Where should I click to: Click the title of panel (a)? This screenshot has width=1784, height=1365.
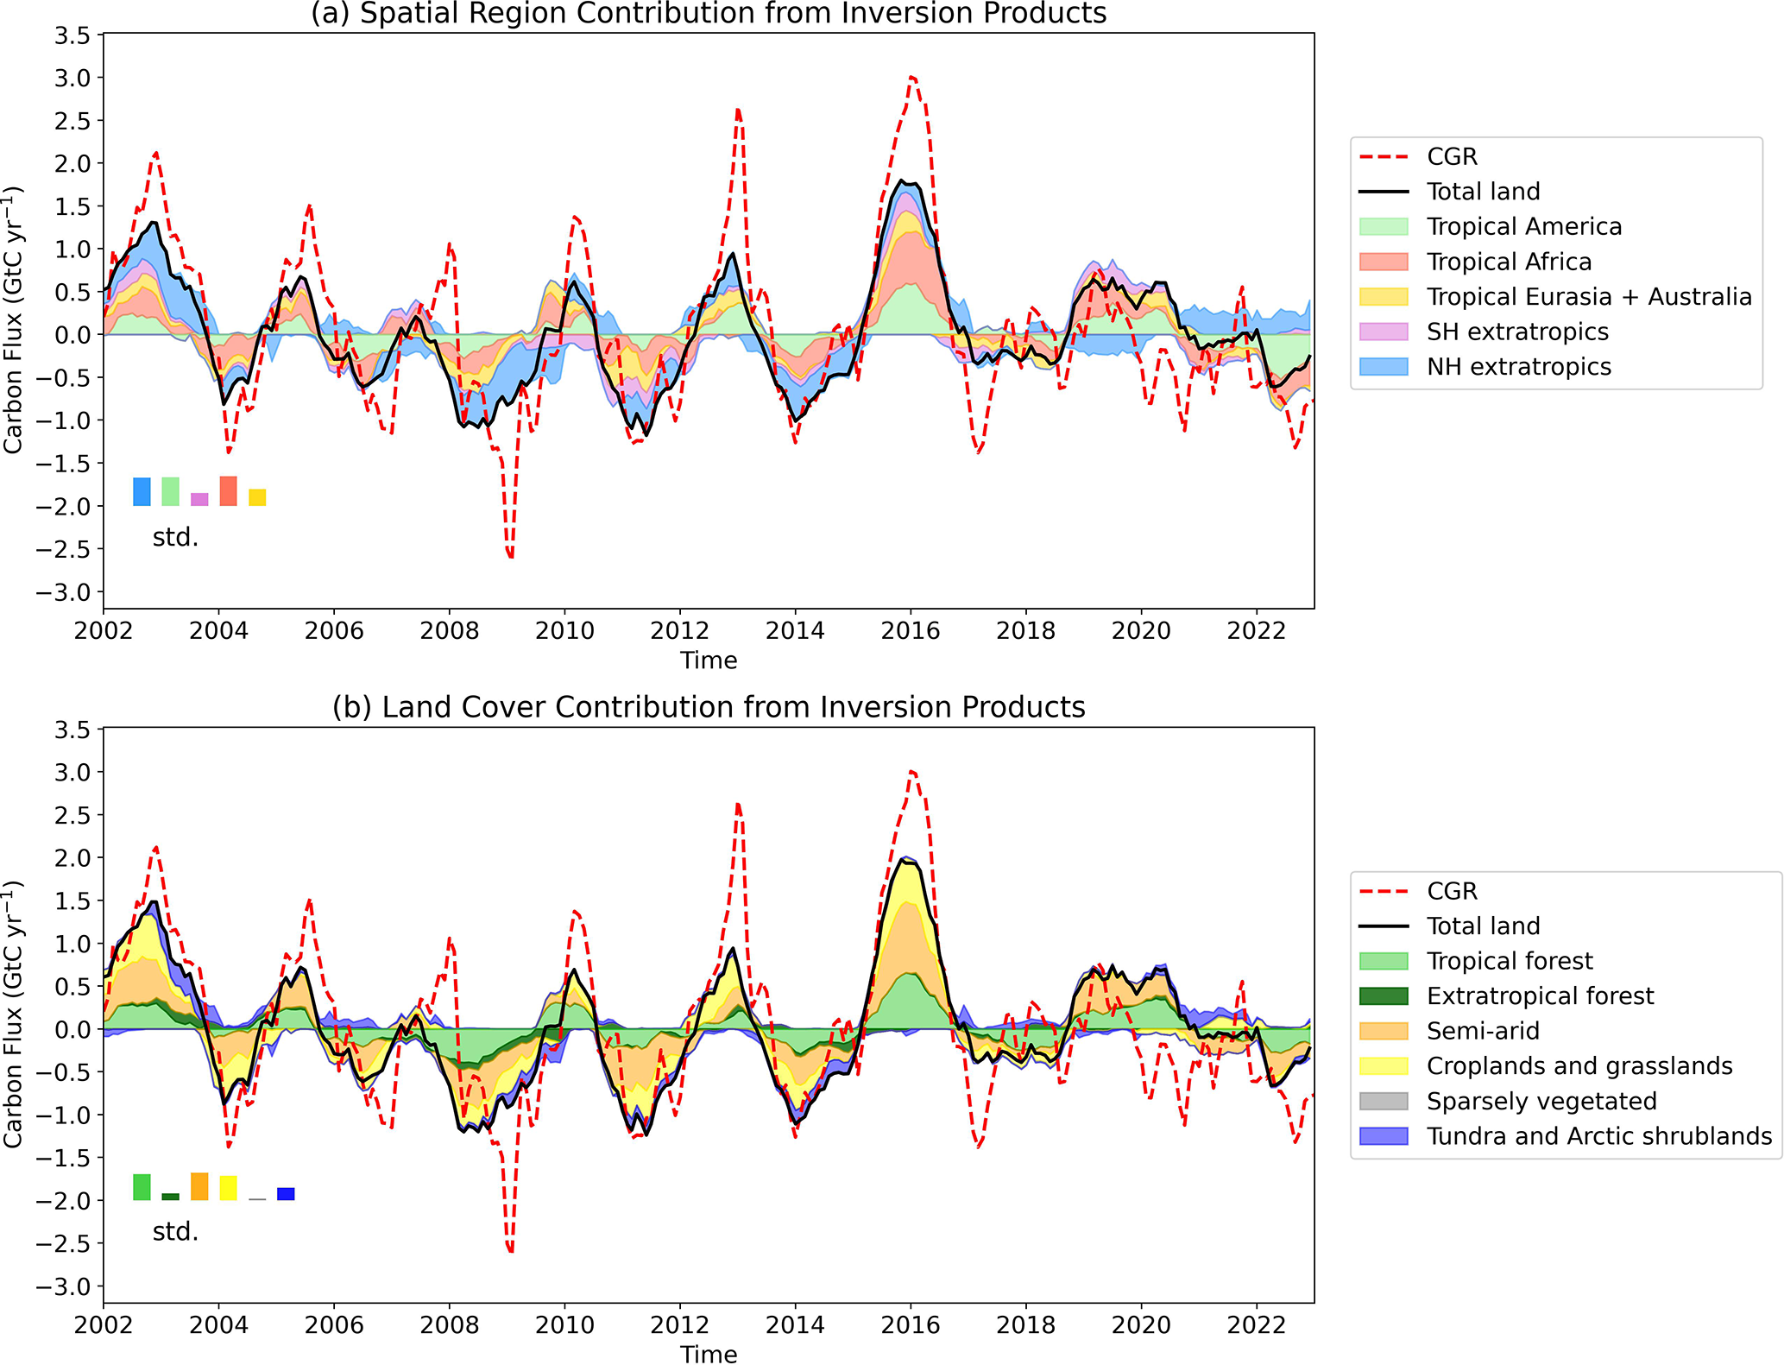pos(708,14)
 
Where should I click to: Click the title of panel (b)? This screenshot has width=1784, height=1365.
pos(708,707)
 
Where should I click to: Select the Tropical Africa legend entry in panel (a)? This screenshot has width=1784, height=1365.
pos(1508,262)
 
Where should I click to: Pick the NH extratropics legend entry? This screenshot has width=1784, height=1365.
pos(1518,367)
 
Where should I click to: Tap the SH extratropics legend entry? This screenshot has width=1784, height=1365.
pos(1516,332)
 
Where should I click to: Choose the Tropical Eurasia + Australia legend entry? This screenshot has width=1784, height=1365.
pos(1588,297)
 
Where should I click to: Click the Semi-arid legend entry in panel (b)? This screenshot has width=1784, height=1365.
pos(1482,1031)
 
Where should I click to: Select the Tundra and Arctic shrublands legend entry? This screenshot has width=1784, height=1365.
pos(1598,1136)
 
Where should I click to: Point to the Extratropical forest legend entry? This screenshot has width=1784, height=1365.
pos(1540,995)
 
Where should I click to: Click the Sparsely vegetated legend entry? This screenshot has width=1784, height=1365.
pos(1541,1101)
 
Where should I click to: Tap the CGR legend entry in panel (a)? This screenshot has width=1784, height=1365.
pos(1452,156)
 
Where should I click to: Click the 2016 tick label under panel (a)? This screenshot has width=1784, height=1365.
pos(910,631)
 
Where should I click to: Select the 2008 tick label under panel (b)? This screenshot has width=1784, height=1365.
pos(449,1325)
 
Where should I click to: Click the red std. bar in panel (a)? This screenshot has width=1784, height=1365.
pos(228,490)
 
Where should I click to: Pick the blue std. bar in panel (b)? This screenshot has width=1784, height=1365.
pos(286,1194)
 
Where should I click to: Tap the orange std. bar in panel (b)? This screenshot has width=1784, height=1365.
pos(199,1186)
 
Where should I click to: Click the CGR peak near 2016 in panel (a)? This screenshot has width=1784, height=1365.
pos(912,77)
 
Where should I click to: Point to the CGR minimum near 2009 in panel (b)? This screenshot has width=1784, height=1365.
pos(511,1250)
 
